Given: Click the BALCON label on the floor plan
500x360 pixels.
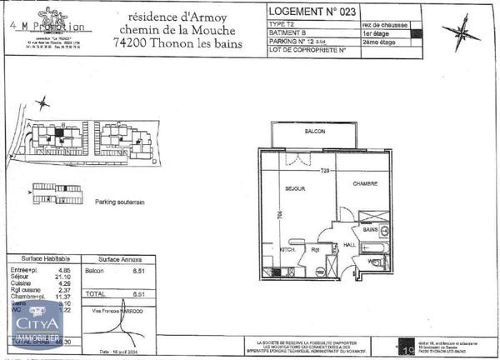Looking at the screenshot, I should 314,132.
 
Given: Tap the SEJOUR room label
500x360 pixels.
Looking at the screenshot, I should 295,187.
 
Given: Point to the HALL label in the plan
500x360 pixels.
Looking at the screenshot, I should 350,245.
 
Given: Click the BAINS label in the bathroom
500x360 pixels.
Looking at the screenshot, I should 369,229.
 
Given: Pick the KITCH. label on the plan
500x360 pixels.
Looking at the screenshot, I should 287,248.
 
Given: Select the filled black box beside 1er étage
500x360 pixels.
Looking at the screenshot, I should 417,34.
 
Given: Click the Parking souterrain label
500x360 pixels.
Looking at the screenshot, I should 120,202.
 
